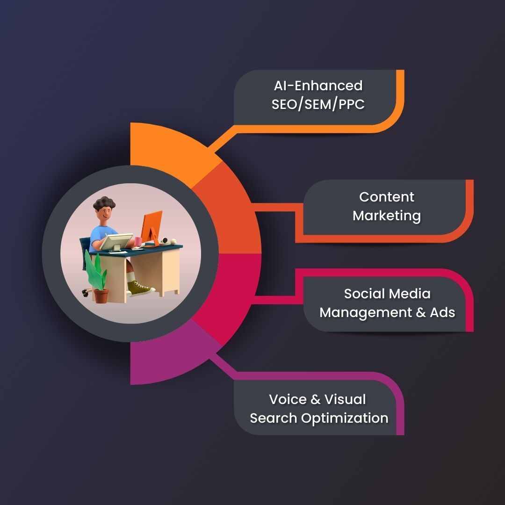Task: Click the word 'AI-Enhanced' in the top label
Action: coord(318,86)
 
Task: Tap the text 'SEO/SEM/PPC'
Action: coord(318,104)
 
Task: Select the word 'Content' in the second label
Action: coord(387,197)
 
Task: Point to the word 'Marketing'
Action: coord(387,216)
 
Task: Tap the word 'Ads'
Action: coord(442,312)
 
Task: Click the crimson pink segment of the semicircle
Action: coord(229,290)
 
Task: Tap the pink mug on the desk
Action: coord(138,241)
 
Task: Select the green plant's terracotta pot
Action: coord(101,296)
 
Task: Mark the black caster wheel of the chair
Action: coord(85,293)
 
